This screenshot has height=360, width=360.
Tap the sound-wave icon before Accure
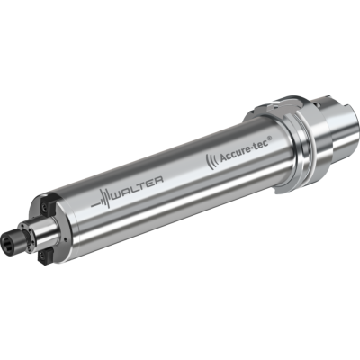coord(213,159)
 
